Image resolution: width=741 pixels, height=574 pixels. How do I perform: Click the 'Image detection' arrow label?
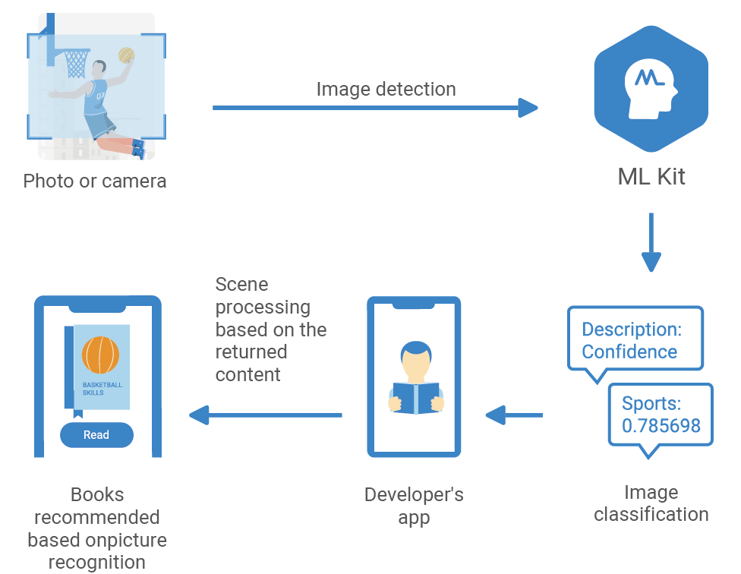coord(386,90)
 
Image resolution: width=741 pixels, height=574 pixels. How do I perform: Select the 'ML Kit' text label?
coord(651,178)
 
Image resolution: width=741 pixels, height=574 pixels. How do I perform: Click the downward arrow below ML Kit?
coord(651,243)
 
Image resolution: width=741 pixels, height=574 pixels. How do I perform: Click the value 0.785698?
coord(661,425)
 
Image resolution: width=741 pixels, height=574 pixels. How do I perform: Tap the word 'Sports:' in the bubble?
coord(651,403)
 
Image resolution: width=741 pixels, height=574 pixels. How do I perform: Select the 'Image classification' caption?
coord(651,503)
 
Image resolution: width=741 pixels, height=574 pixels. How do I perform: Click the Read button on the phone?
coord(96,435)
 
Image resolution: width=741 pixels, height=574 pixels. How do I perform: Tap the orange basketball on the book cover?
coord(102,355)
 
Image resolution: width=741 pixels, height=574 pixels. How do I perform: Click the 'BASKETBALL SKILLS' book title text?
coord(102,389)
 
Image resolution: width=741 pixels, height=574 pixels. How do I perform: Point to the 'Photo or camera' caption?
coord(95,181)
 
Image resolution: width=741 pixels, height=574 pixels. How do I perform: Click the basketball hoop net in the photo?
coord(76,65)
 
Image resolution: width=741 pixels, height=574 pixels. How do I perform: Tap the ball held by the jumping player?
coord(127,55)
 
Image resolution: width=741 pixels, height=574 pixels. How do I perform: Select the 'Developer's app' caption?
coord(414,506)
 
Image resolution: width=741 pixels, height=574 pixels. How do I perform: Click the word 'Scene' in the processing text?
coord(241,285)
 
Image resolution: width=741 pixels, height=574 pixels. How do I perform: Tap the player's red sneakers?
coord(137,148)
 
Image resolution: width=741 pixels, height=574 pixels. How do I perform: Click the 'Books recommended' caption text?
coord(97,506)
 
